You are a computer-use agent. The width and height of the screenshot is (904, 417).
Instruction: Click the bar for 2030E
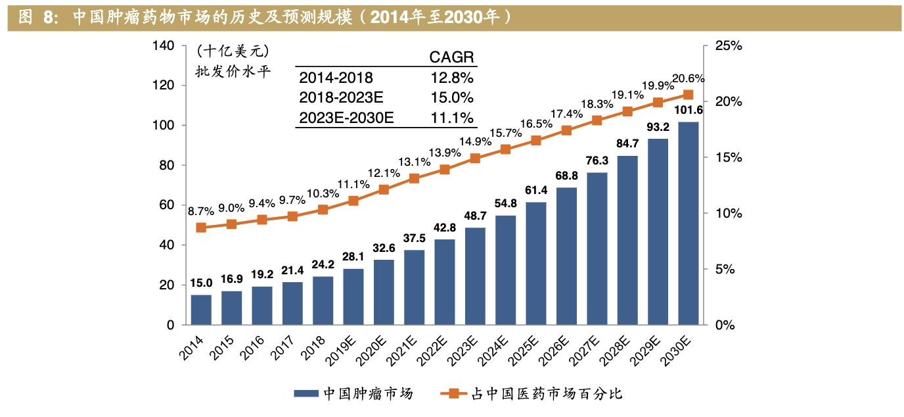[688, 224]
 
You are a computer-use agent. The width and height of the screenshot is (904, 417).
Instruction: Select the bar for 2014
[201, 310]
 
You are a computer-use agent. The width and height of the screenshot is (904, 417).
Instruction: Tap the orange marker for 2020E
[384, 189]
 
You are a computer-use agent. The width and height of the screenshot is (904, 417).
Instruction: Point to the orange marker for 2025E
[536, 140]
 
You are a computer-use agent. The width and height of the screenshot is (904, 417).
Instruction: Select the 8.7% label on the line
[200, 211]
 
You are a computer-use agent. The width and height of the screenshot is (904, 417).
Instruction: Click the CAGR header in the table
[451, 57]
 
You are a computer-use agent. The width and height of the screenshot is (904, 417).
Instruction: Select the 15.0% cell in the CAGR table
[451, 98]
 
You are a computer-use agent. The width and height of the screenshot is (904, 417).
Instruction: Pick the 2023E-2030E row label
[346, 118]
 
